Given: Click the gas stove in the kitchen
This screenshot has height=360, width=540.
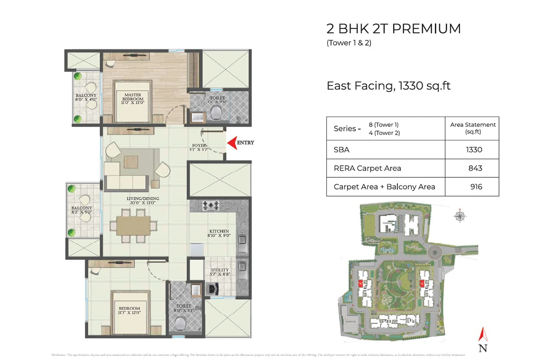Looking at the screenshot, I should point(210,206).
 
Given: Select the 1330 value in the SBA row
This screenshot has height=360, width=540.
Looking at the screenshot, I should point(474,150).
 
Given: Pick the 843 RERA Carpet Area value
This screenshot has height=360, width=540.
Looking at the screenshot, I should point(475,168).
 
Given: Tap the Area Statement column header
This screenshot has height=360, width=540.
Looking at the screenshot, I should point(473,128).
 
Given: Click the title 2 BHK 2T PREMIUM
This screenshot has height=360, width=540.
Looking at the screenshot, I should point(393,29).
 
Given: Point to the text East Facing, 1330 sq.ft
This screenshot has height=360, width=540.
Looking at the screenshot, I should point(388,85).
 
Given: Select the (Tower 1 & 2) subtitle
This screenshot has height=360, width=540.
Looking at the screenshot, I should point(349,44).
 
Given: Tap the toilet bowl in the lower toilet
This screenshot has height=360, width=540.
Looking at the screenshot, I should point(180,323).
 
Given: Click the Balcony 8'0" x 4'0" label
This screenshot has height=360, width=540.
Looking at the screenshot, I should point(85,99).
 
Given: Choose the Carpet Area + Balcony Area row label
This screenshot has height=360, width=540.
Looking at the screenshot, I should point(384,186).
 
